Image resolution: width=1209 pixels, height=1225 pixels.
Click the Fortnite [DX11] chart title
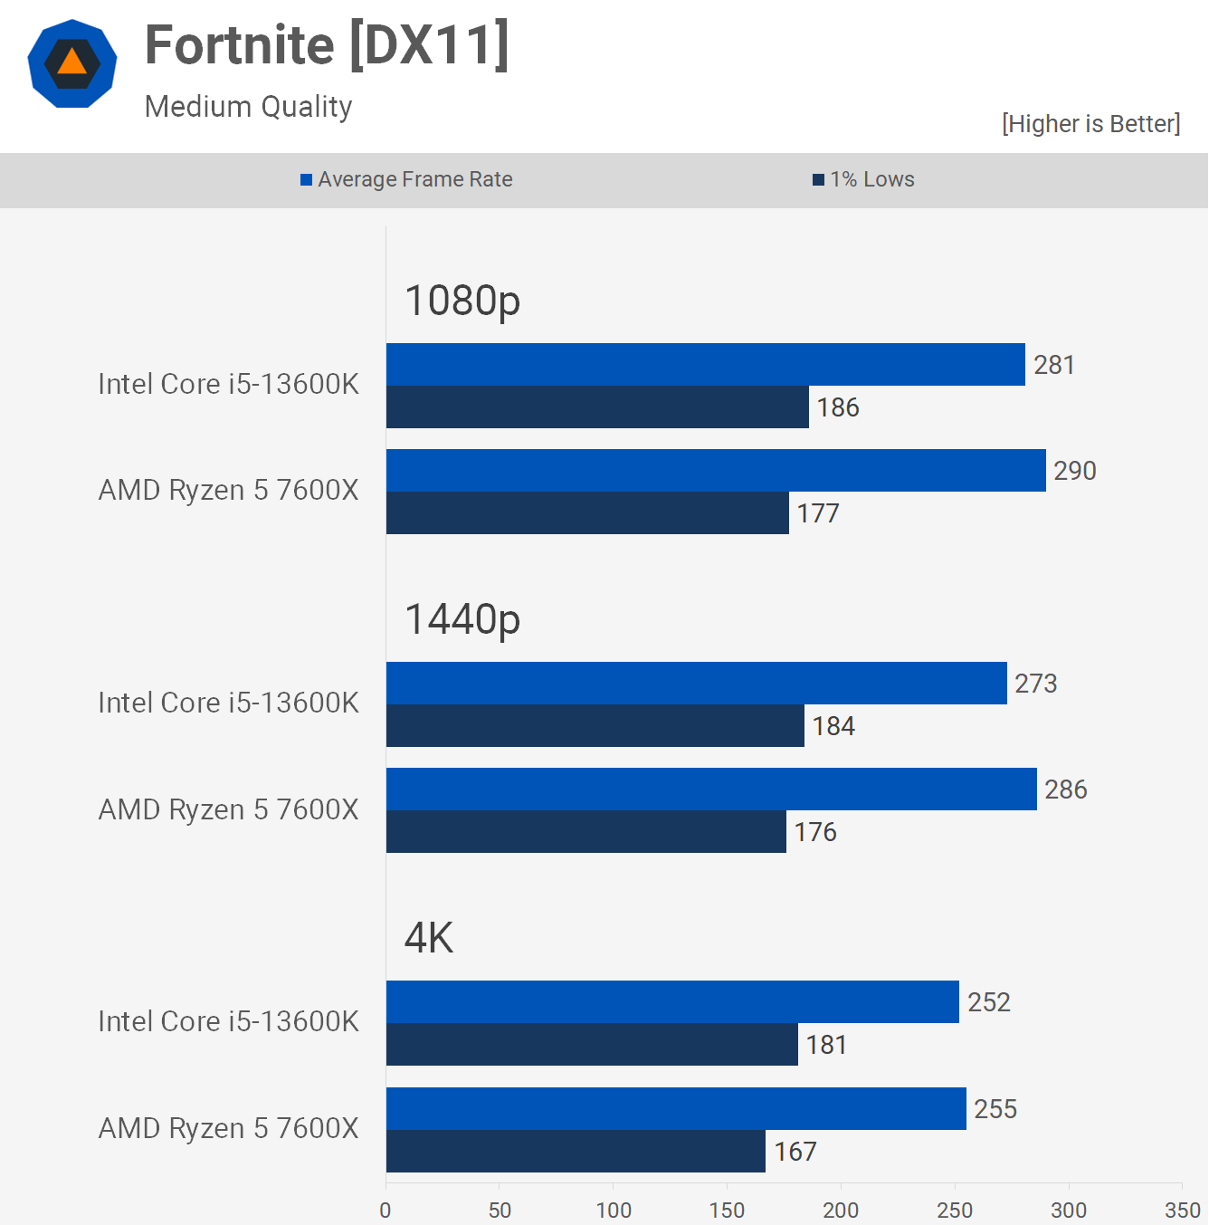pyautogui.click(x=327, y=45)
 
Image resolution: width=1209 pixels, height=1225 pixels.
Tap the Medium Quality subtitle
pyautogui.click(x=248, y=107)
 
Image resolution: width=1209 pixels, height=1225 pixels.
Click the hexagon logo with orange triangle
pyautogui.click(x=72, y=63)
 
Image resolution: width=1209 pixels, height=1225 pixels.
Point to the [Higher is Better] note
pyautogui.click(x=1090, y=123)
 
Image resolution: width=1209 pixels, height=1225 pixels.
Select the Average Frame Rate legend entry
pyautogui.click(x=406, y=179)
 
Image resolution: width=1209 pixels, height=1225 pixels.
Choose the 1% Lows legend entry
pyautogui.click(x=864, y=179)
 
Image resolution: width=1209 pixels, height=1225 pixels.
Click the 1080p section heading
pyautogui.click(x=462, y=301)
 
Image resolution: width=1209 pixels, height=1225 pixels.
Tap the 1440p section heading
pyautogui.click(x=462, y=619)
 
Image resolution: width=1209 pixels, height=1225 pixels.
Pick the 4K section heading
pyautogui.click(x=429, y=938)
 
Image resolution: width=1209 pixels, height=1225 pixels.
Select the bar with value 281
pyautogui.click(x=706, y=365)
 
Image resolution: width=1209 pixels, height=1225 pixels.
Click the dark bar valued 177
pyautogui.click(x=587, y=513)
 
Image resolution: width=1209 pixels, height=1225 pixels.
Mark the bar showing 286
pyautogui.click(x=711, y=790)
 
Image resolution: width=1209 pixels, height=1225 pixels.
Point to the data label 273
pyautogui.click(x=1036, y=684)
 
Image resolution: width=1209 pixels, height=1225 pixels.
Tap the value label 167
pyautogui.click(x=795, y=1152)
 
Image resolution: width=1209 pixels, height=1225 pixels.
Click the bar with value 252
pyautogui.click(x=672, y=1002)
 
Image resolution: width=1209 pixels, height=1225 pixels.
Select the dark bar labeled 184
pyautogui.click(x=595, y=726)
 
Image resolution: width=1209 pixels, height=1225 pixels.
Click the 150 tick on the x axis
pyautogui.click(x=727, y=1210)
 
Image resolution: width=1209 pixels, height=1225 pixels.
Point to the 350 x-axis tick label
pyautogui.click(x=1182, y=1210)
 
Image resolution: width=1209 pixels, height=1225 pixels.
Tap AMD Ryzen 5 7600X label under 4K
pyautogui.click(x=228, y=1128)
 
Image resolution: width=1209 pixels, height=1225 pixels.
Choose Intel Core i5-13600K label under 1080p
pyautogui.click(x=228, y=384)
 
